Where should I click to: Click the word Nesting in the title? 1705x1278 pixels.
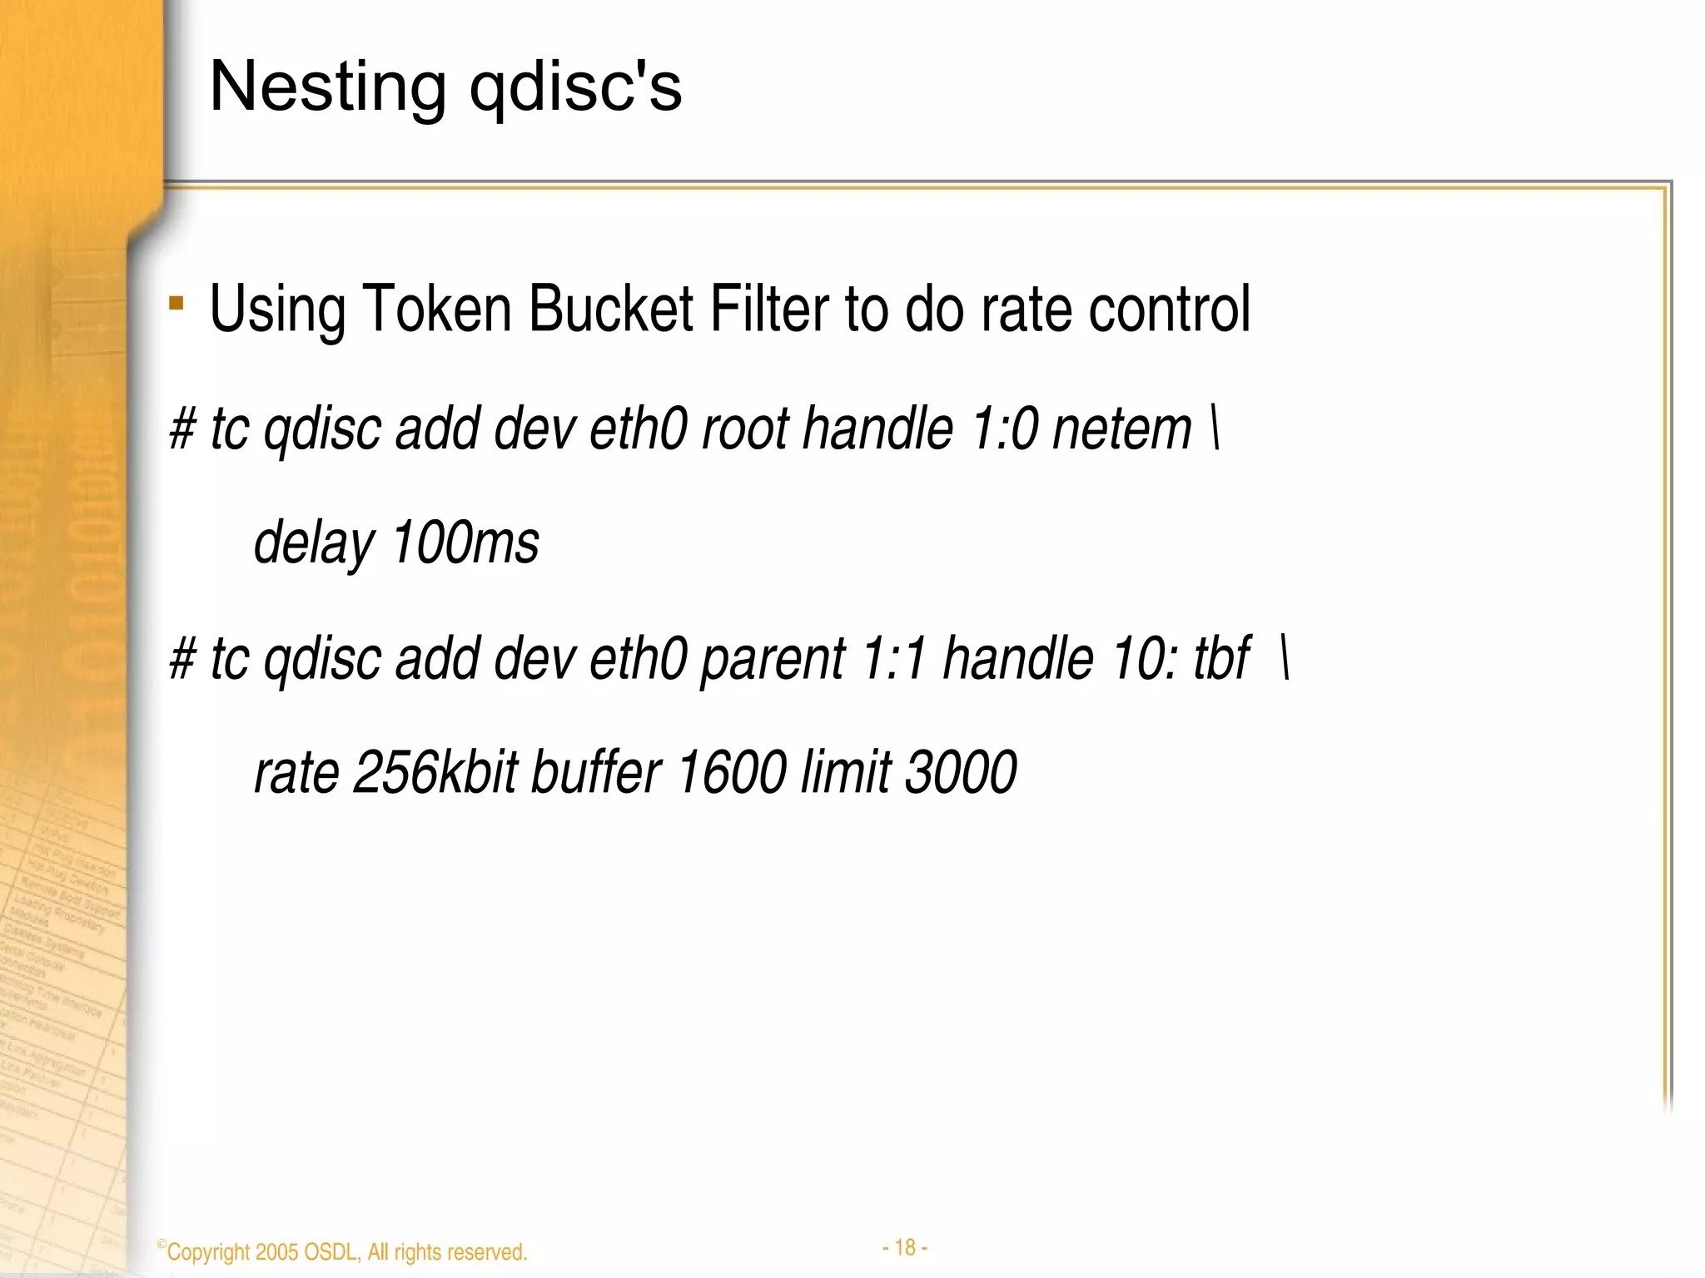tap(327, 87)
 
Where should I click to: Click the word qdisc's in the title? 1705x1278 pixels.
tap(575, 87)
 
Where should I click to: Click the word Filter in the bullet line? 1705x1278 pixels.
tap(769, 309)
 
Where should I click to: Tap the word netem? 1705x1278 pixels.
tap(1122, 429)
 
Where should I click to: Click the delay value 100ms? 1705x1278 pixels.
tap(465, 543)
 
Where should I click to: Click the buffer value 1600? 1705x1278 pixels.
tap(731, 773)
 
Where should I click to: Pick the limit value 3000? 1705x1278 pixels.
tap(960, 773)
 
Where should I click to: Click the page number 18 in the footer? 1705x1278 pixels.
tap(905, 1247)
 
